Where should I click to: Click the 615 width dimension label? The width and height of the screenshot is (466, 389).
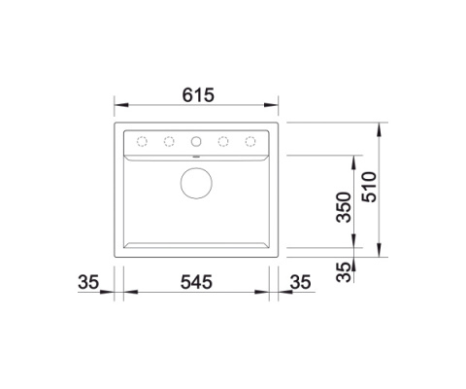coord(198,95)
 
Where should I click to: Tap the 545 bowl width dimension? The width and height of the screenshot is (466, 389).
coord(196,282)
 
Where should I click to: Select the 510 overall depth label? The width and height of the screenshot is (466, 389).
coord(369,187)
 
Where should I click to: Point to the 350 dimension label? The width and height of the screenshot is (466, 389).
coord(344,207)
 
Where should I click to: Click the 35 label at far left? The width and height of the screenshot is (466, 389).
coord(88,282)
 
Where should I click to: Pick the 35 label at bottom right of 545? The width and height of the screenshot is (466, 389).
coord(300,282)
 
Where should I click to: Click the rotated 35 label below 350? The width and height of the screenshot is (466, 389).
coord(344,272)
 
